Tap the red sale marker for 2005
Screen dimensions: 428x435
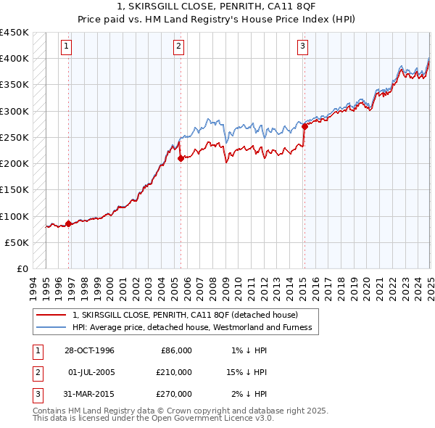pos(181,158)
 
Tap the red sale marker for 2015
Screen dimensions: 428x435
pos(304,127)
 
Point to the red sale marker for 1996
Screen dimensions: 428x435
pos(69,223)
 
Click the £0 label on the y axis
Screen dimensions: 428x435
pos(22,269)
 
